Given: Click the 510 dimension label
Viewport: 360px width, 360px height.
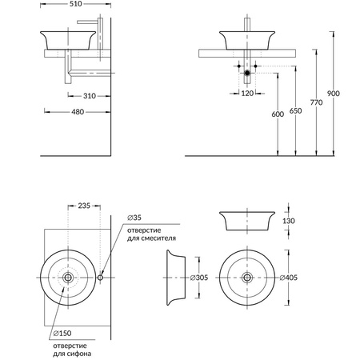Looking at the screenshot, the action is tap(75, 4).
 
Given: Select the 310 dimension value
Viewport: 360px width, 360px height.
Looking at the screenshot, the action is tap(90, 96).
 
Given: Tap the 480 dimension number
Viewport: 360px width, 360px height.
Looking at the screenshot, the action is tap(78, 112).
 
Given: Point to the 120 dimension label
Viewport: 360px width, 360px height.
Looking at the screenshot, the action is tap(247, 94).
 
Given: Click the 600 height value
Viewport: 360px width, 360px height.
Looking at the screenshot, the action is tap(278, 114).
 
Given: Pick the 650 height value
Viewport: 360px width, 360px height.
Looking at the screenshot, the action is tap(295, 110).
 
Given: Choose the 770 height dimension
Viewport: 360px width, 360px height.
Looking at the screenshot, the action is tap(316, 102).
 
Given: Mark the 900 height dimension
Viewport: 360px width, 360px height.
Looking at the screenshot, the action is tap(334, 94).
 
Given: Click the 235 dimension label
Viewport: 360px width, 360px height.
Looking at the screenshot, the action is tap(84, 206).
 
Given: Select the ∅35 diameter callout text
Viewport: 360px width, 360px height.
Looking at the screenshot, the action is tap(134, 218).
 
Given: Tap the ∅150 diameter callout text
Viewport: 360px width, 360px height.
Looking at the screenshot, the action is tap(62, 334).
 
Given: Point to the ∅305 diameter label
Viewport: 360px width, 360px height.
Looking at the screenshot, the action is tap(199, 278).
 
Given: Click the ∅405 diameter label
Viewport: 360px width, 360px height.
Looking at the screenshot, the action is tap(289, 278).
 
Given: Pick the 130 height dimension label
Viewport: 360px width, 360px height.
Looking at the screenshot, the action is tap(289, 221).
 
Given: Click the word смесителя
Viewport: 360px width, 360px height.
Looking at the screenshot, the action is tap(160, 238).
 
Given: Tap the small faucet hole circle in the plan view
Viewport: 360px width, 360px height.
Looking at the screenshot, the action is tap(100, 278).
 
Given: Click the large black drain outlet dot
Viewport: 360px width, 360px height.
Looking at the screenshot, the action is tap(247, 73).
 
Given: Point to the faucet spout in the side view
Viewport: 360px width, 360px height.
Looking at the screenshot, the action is tap(87, 22).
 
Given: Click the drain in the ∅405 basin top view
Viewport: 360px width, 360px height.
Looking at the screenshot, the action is tap(247, 278).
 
